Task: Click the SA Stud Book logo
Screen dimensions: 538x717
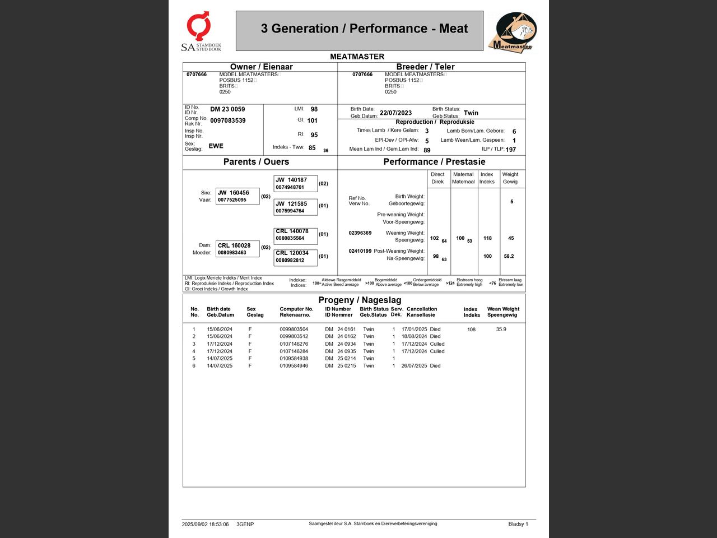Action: [200, 31]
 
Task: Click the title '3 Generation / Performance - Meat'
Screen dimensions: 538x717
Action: [364, 29]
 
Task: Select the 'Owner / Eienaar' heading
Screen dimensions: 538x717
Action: [261, 67]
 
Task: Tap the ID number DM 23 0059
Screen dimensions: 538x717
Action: [227, 109]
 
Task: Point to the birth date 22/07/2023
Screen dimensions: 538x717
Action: [395, 113]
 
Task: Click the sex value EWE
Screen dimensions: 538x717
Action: [216, 146]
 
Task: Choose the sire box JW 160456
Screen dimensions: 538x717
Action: [238, 196]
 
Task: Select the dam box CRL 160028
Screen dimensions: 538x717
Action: [238, 249]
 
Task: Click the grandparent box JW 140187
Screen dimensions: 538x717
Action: [295, 183]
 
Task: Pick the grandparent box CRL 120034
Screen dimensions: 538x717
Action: [295, 257]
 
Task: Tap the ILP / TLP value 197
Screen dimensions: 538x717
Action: [510, 150]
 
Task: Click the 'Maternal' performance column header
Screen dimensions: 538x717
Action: [463, 178]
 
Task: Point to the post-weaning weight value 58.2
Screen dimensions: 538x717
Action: [509, 256]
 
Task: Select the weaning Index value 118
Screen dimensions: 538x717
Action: [487, 238]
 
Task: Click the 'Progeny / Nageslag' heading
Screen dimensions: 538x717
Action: [360, 300]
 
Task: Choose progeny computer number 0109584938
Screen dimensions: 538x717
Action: [294, 358]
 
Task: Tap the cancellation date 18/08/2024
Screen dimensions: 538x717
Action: [414, 336]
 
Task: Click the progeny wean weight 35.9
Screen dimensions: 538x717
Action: [501, 329]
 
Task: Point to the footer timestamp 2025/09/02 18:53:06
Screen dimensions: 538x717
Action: [205, 525]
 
